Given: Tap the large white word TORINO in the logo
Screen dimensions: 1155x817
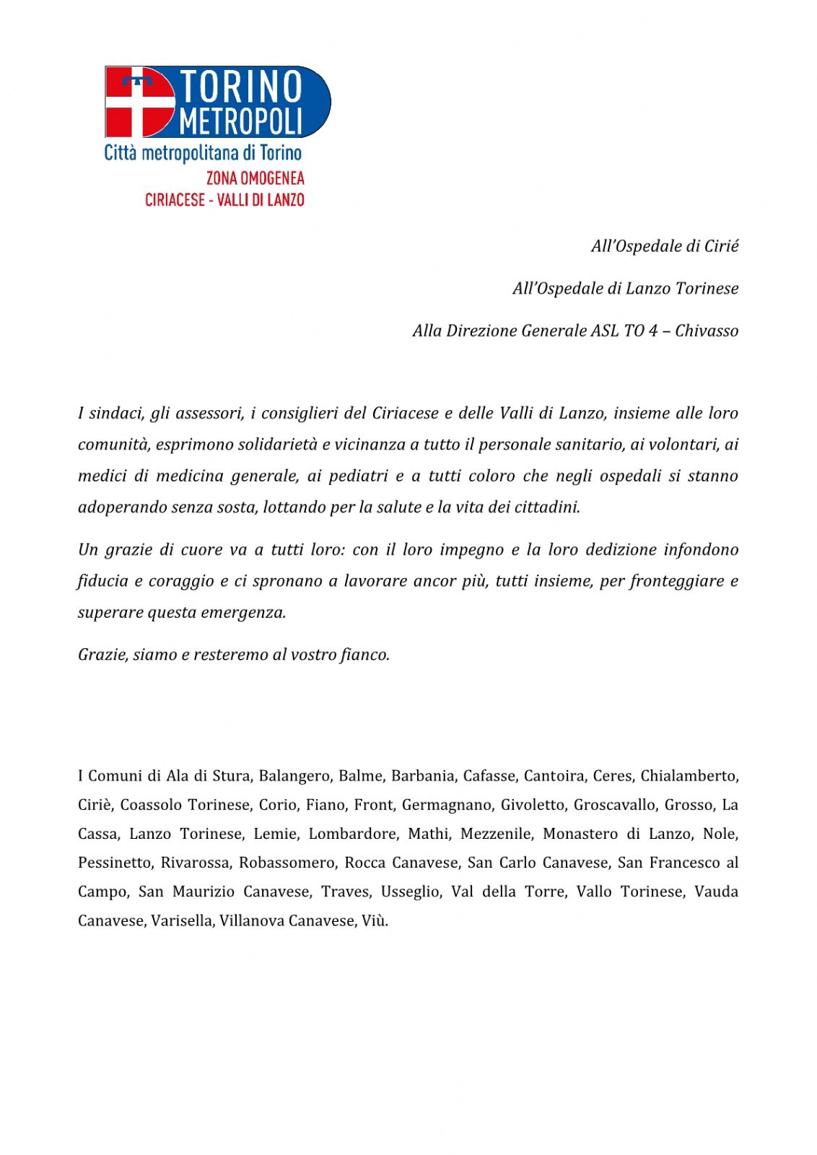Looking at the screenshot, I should pyautogui.click(x=240, y=86).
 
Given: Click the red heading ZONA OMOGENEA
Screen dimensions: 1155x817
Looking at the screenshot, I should pyautogui.click(x=255, y=178).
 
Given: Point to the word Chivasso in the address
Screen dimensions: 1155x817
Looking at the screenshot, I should pyautogui.click(x=707, y=331).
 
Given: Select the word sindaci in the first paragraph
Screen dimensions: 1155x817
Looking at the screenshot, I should pyautogui.click(x=115, y=413).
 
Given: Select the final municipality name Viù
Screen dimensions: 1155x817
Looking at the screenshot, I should pyautogui.click(x=375, y=920).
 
